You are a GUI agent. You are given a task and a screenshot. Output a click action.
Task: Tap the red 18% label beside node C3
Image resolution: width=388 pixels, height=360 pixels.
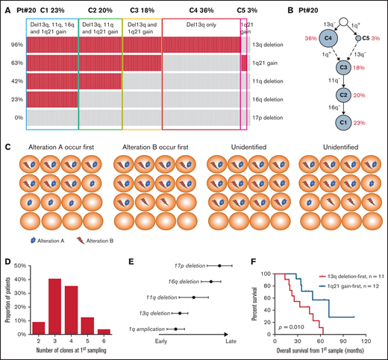pos(360,68)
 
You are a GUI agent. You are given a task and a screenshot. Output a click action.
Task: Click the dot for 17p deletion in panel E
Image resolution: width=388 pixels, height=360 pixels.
pos(219,265)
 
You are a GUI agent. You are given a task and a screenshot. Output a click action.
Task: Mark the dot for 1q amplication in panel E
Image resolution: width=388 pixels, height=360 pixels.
pos(175,329)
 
